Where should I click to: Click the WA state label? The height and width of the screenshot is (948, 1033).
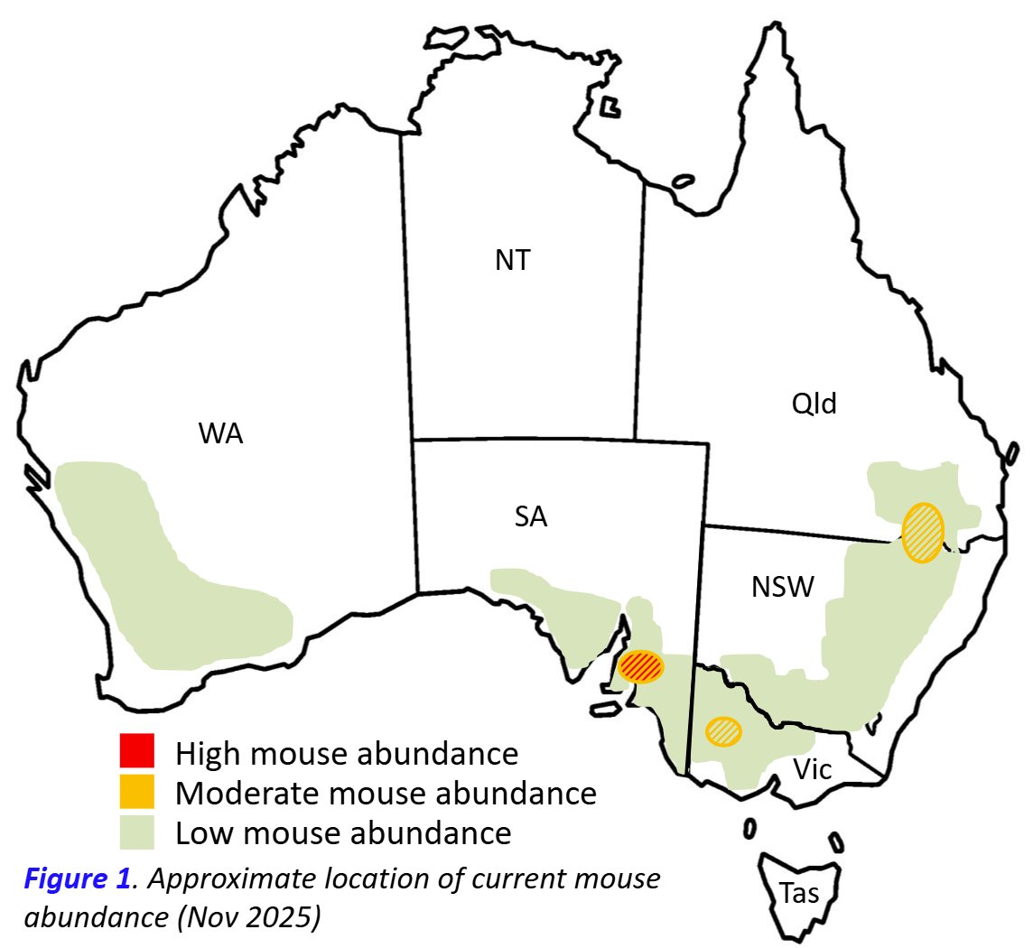pos(221,434)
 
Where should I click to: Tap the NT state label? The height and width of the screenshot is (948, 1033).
pos(513,262)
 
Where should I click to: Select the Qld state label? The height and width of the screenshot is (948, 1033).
pos(814,404)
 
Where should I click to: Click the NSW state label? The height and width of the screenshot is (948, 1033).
pos(782,588)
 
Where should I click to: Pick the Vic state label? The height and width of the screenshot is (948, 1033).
pos(814,769)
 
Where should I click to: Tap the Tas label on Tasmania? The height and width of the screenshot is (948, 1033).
pos(800,894)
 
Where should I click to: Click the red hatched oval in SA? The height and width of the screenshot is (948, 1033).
pos(642,666)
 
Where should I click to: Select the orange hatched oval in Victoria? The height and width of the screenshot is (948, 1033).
pos(722,730)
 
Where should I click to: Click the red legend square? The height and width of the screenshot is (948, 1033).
pos(137,751)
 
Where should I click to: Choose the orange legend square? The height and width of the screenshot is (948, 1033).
pos(137,792)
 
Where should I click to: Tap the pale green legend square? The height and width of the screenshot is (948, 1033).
pos(137,832)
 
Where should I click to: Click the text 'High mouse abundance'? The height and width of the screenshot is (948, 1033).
pos(347,753)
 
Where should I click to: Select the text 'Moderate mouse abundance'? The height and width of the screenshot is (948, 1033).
pos(386,793)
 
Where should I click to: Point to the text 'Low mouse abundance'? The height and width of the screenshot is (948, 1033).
pos(343,832)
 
